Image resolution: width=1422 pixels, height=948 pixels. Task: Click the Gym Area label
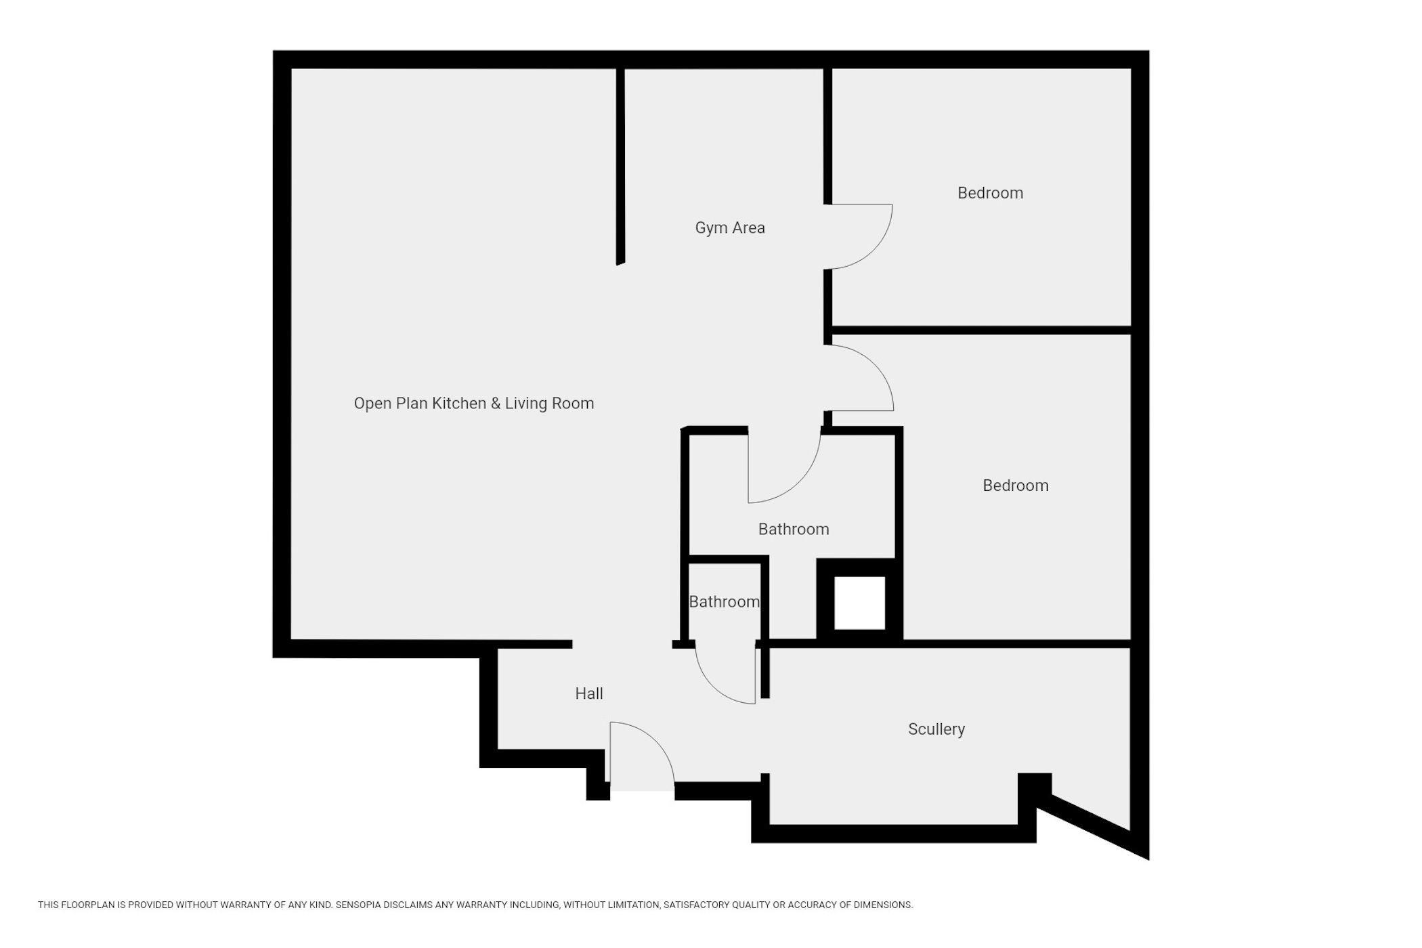(x=730, y=228)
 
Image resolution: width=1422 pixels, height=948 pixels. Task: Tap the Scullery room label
(x=936, y=729)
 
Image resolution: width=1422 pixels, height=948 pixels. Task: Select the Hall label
(x=589, y=693)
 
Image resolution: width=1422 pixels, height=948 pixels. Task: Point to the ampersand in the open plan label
(x=496, y=404)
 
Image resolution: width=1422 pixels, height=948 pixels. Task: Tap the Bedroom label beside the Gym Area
(x=990, y=193)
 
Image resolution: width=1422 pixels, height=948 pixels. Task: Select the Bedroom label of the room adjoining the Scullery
(x=1016, y=486)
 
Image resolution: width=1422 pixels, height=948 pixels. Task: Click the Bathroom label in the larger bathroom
(x=794, y=529)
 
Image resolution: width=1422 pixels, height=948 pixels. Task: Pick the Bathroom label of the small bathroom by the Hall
(x=724, y=601)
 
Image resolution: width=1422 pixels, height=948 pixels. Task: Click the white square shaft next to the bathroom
(x=859, y=603)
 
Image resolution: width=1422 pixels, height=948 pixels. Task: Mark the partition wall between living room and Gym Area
(x=620, y=166)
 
